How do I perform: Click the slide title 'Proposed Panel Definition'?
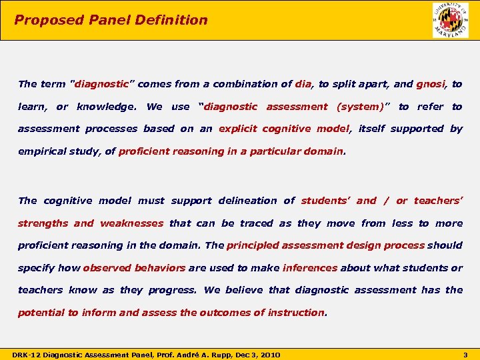point(111,20)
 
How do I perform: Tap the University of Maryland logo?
point(450,20)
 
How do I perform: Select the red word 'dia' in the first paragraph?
point(303,84)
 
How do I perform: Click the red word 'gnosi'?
point(431,84)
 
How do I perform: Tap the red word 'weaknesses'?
point(131,223)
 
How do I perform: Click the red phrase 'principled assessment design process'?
point(325,245)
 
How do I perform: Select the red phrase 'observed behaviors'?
point(134,268)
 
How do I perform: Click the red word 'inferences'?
point(310,268)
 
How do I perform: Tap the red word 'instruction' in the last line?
point(295,313)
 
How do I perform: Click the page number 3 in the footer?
point(465,355)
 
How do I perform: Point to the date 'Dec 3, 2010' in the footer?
point(255,355)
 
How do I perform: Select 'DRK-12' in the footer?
point(25,355)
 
